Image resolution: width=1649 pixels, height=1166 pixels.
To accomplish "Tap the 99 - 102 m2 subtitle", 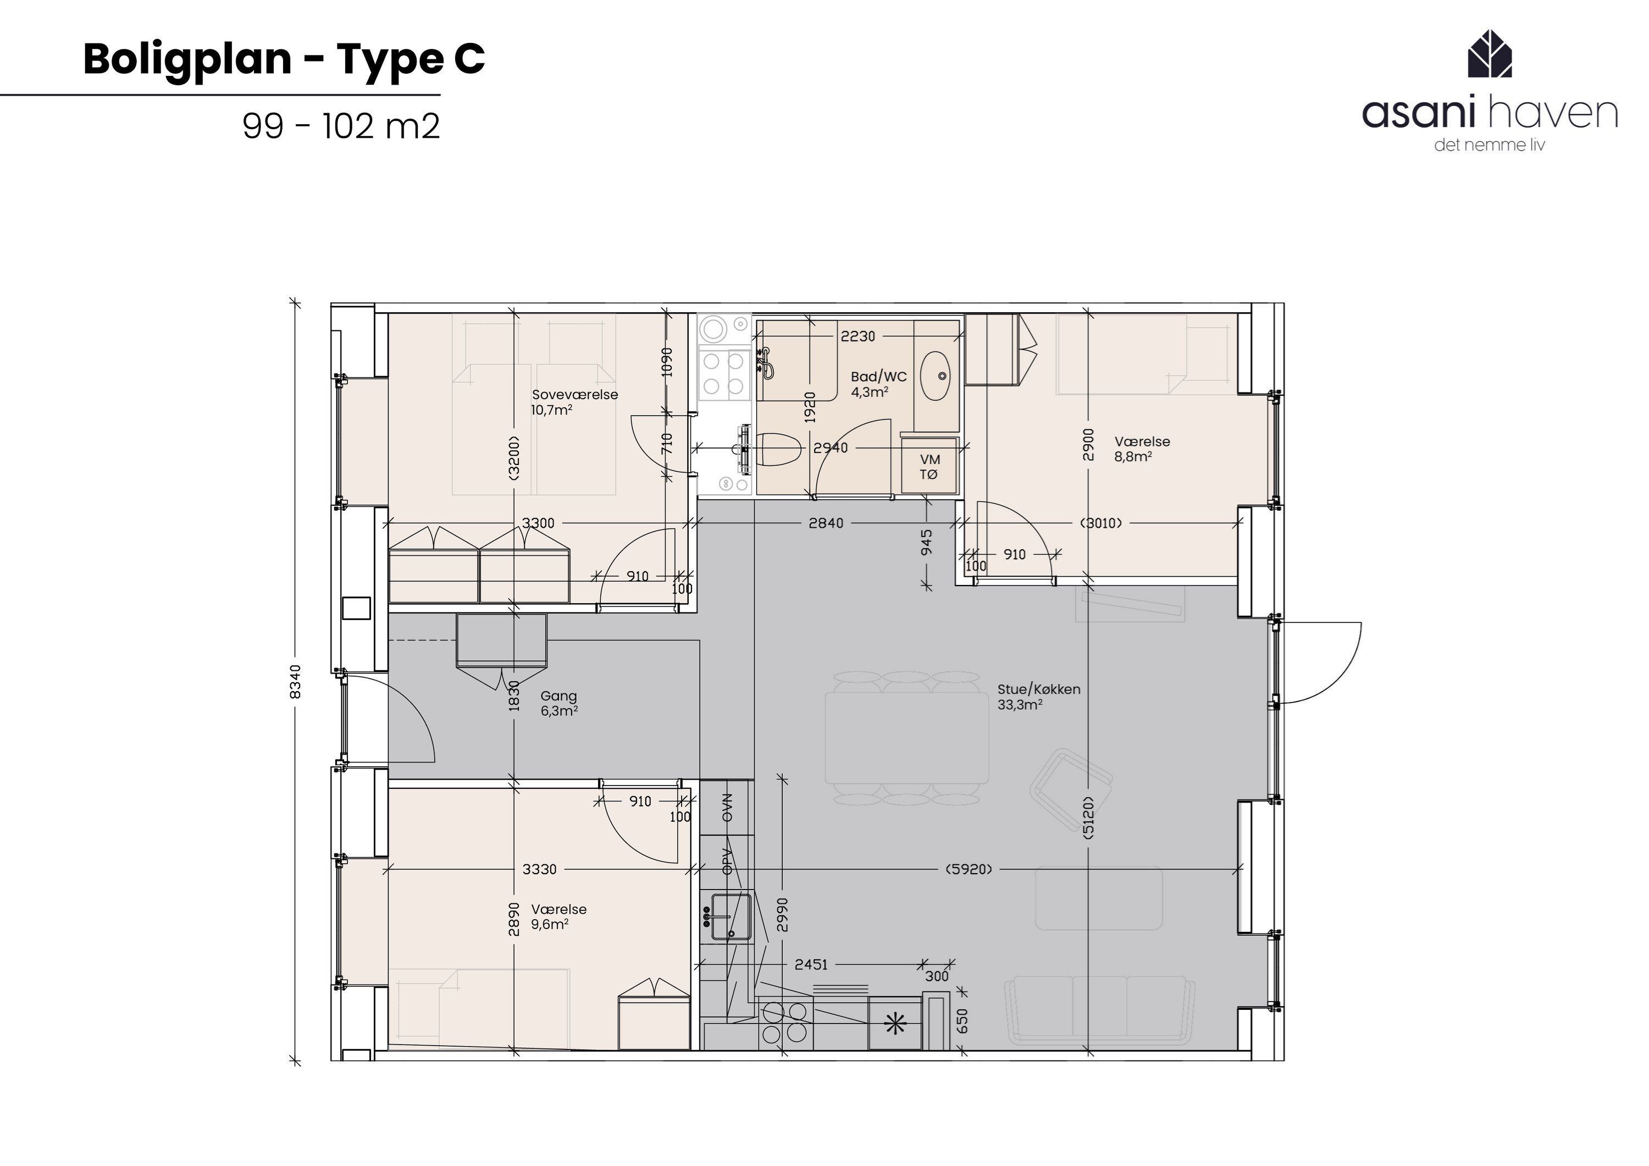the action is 341,126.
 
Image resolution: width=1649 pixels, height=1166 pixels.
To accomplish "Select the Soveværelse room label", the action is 574,394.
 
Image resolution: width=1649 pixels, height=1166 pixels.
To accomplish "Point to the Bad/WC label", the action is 878,377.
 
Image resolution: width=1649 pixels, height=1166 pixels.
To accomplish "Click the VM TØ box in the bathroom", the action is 929,466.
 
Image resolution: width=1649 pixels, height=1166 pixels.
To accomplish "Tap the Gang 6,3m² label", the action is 559,703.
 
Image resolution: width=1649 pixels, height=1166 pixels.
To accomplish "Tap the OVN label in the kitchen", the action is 727,808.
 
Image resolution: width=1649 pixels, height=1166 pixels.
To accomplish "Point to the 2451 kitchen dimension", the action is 811,964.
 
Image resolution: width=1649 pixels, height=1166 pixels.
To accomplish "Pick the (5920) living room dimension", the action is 970,869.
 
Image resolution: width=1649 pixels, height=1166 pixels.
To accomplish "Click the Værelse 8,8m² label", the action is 1142,449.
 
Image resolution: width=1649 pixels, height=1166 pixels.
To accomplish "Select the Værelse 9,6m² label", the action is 559,917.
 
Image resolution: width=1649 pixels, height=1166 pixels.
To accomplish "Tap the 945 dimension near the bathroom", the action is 927,543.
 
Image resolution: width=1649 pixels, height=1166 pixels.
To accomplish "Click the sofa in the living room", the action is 1099,1009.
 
